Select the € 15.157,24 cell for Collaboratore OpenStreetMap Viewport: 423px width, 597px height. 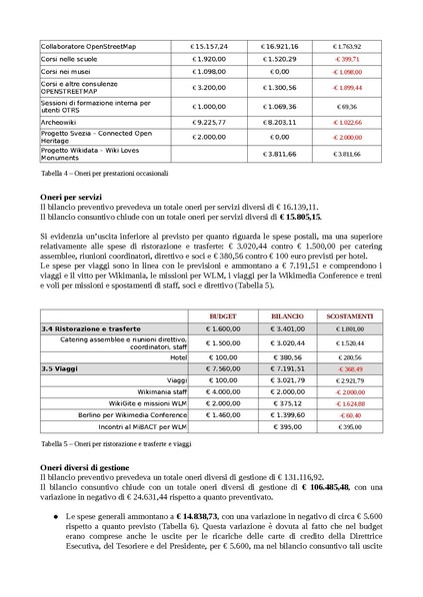[209, 46]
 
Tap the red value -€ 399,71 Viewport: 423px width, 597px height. [348, 59]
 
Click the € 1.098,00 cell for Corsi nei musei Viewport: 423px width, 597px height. [209, 72]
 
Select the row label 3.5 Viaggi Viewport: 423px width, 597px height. [62, 367]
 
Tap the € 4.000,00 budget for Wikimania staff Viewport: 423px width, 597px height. [220, 393]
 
